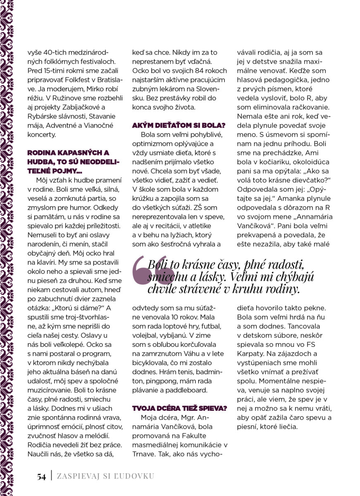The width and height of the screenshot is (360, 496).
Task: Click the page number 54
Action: point(41,477)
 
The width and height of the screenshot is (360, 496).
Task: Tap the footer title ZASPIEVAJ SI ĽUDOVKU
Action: point(106,476)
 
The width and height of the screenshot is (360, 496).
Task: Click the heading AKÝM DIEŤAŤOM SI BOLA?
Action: point(179,125)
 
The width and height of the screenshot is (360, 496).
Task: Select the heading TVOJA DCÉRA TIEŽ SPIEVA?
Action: point(179,408)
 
